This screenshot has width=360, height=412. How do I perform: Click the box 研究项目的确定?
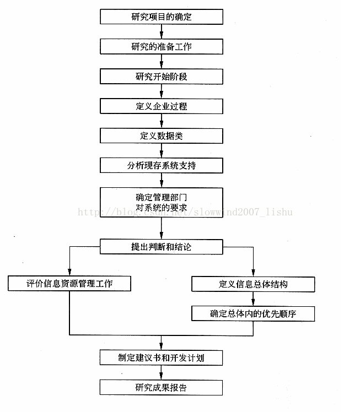pyautogui.click(x=161, y=17)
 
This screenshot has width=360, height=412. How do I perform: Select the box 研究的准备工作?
pyautogui.click(x=161, y=47)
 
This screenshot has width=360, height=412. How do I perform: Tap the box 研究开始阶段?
pyautogui.click(x=161, y=76)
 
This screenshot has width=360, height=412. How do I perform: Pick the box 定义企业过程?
pyautogui.click(x=161, y=106)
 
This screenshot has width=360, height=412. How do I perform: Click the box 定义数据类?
pyautogui.click(x=161, y=135)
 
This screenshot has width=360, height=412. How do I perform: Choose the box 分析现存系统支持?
pyautogui.click(x=161, y=165)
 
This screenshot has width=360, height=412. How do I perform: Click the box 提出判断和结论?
pyautogui.click(x=161, y=246)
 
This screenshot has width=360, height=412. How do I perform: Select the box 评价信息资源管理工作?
pyautogui.click(x=69, y=284)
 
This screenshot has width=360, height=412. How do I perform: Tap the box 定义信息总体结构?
pyautogui.click(x=253, y=284)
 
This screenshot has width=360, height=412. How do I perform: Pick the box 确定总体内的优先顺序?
pyautogui.click(x=253, y=313)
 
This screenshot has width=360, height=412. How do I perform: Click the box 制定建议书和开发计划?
pyautogui.click(x=161, y=357)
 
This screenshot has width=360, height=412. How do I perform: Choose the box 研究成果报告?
pyautogui.click(x=161, y=387)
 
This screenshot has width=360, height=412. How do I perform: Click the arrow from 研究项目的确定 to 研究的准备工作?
pyautogui.click(x=161, y=32)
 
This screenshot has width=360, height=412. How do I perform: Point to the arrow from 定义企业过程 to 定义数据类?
pyautogui.click(x=161, y=121)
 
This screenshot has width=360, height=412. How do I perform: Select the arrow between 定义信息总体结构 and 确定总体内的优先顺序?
pyautogui.click(x=253, y=299)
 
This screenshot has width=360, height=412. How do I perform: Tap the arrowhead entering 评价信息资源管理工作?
pyautogui.click(x=69, y=273)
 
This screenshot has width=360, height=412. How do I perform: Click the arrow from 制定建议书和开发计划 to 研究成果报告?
pyautogui.click(x=161, y=372)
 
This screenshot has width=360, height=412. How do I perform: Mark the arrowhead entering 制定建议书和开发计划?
pyautogui.click(x=161, y=346)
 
